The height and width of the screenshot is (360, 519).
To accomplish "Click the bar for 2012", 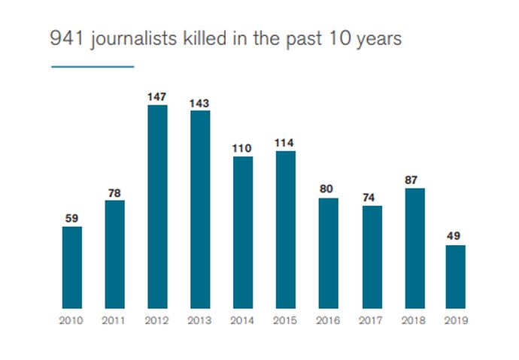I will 157,207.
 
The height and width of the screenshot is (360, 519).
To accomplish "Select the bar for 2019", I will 455,277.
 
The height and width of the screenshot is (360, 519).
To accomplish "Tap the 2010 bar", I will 72,268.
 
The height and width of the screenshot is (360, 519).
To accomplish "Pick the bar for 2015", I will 285,229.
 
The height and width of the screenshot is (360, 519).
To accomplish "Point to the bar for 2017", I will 372,256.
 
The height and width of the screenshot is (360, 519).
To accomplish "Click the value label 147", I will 157,97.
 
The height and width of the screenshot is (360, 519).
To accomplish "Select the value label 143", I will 200,103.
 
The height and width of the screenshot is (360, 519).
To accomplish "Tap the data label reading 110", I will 243,148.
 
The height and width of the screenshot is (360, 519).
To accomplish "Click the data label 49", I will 455,237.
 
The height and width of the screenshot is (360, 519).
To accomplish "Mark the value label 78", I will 115,192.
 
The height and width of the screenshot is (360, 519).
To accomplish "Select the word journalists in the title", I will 132,39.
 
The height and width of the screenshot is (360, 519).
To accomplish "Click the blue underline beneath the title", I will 93,67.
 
